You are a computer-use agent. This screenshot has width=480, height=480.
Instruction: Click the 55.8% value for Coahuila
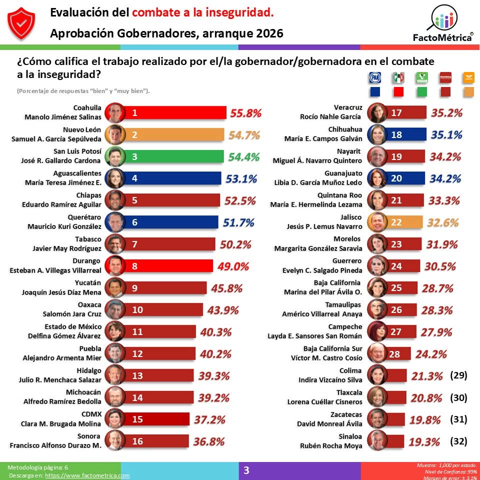pos(245,113)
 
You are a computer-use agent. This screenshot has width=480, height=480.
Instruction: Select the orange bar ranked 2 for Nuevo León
pos(175,135)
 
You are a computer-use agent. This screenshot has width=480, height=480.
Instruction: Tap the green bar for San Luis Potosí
pos(175,156)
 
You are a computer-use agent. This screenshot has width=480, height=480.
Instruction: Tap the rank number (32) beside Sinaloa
pos(458,441)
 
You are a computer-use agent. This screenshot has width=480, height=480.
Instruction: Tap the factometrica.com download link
pos(87,475)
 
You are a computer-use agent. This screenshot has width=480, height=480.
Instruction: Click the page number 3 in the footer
pos(246,470)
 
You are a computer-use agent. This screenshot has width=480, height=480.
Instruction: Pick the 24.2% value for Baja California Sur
pos(430,354)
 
